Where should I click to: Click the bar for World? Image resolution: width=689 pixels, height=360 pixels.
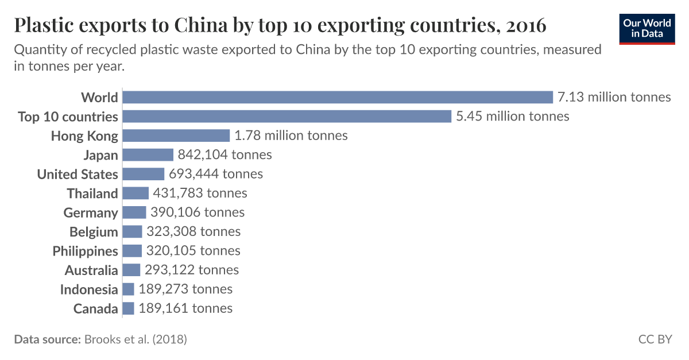(x=338, y=97)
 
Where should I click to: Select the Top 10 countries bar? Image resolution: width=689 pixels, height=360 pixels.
(x=287, y=117)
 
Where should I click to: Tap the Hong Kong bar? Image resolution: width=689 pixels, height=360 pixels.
(x=176, y=136)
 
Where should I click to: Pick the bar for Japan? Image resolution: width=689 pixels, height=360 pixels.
(x=148, y=155)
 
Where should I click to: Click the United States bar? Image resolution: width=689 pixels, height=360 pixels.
(x=144, y=174)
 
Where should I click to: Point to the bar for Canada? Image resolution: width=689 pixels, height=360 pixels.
(x=129, y=308)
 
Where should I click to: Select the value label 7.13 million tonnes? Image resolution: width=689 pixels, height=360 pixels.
(x=614, y=97)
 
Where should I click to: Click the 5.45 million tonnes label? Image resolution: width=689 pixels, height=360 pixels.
(x=512, y=117)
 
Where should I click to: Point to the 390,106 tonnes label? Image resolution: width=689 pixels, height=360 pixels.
(x=198, y=212)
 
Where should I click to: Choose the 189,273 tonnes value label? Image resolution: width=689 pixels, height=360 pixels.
(x=185, y=289)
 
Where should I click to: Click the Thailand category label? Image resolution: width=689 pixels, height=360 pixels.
(x=92, y=193)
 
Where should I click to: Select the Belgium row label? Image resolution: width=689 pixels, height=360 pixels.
(x=94, y=232)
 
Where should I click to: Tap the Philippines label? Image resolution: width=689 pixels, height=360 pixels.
(x=86, y=251)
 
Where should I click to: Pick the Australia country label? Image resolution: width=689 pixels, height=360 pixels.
(x=91, y=270)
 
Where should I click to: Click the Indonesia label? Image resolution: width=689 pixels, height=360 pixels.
(x=89, y=289)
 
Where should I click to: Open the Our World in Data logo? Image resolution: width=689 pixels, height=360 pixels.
(x=647, y=29)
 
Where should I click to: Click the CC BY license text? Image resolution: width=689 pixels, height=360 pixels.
(x=655, y=339)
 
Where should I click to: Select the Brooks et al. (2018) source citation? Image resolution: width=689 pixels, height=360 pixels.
(x=136, y=339)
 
